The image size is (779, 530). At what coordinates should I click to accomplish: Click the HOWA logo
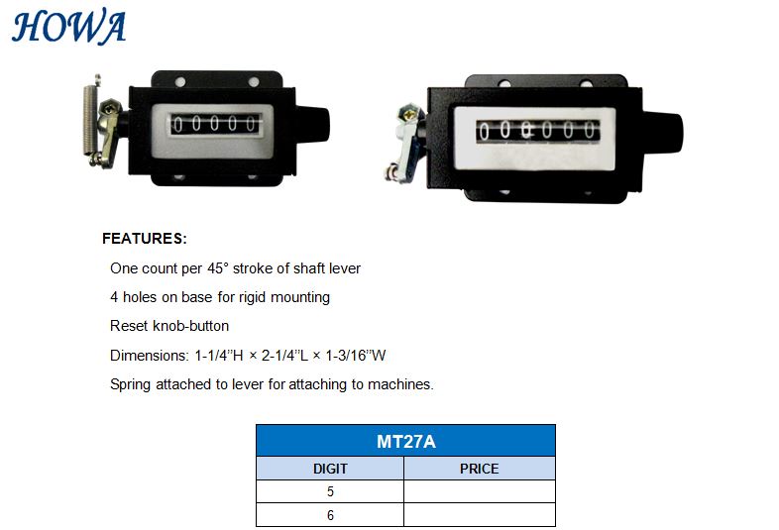[x=68, y=28]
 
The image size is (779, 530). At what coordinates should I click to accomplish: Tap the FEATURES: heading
[x=144, y=239]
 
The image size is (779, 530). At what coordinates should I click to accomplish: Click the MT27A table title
[x=406, y=441]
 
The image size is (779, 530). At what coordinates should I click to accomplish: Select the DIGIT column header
[x=330, y=469]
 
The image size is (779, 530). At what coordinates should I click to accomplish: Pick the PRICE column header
[x=480, y=469]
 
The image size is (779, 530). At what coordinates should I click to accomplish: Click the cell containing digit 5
[x=330, y=491]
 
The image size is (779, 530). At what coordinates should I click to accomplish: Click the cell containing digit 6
[x=330, y=514]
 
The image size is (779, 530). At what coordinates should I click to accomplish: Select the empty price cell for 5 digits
[x=480, y=491]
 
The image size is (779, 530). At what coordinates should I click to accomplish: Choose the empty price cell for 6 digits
[x=480, y=514]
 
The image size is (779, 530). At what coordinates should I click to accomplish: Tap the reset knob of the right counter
[x=663, y=132]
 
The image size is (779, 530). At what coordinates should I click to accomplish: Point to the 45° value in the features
[x=218, y=268]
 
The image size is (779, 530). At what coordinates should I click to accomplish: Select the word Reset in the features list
[x=129, y=326]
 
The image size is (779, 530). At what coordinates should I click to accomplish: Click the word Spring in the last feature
[x=130, y=385]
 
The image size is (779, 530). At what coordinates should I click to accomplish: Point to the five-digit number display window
[x=214, y=124]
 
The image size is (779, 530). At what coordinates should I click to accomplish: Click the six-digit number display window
[x=537, y=131]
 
